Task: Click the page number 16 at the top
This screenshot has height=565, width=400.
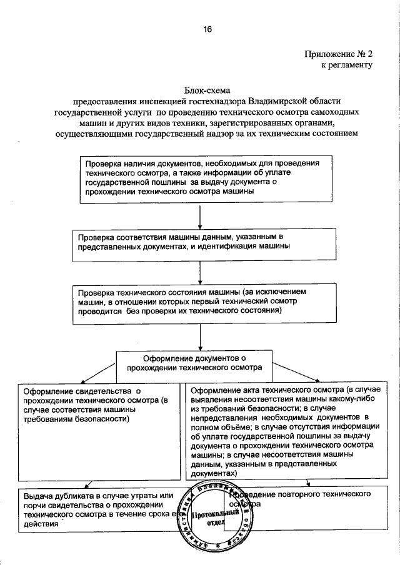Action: point(207,29)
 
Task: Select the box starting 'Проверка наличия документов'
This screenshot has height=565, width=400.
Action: point(199,177)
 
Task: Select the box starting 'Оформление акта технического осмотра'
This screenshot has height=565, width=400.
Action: point(292,431)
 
